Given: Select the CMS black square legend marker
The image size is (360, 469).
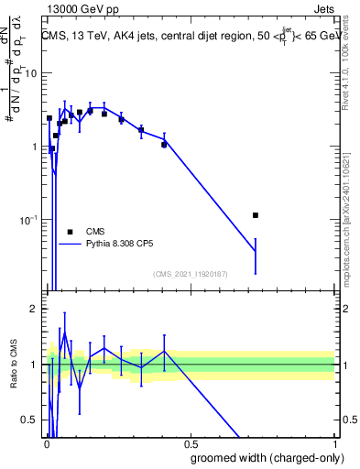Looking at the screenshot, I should coord(70,232).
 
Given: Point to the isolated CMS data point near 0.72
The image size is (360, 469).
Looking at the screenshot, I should coord(256,215).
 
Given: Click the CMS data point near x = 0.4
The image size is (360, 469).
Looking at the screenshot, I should coord(164,145).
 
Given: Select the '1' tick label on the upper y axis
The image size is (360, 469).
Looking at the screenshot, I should coord(33,147).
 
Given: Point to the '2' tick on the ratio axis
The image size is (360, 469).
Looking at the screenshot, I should coord(33,309).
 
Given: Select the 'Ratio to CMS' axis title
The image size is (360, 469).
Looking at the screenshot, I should coord(12,365).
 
